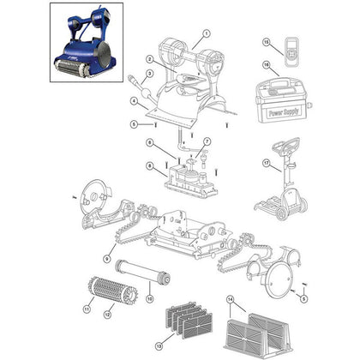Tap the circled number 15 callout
(x=266, y=43)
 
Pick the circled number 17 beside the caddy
(x=267, y=162)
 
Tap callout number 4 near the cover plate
(x=135, y=100)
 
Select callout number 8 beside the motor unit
(x=151, y=166)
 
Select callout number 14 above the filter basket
(x=231, y=298)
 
